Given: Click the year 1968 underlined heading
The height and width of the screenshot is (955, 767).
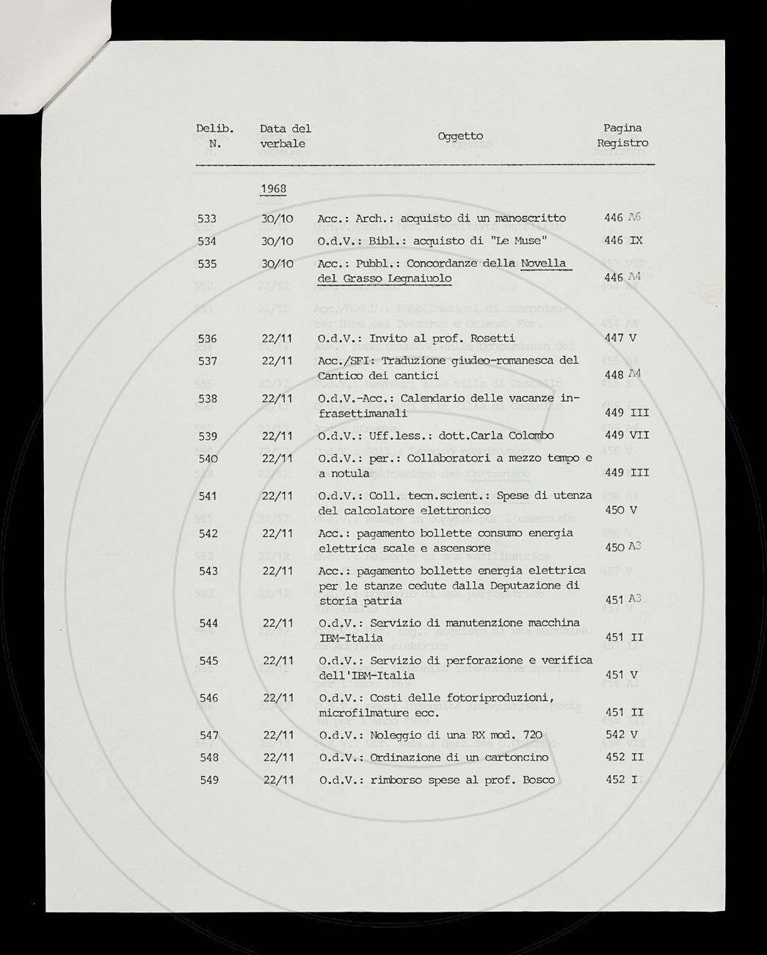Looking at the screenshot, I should click(x=273, y=189).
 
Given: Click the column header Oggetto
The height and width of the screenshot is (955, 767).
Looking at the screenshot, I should click(x=460, y=136).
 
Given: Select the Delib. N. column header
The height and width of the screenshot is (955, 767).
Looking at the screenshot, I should click(x=215, y=136).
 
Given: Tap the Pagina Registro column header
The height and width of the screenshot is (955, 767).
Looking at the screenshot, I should click(x=622, y=136).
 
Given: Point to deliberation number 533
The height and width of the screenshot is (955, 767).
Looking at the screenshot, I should click(x=208, y=218).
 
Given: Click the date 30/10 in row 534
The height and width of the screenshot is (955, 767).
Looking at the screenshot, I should click(x=277, y=241).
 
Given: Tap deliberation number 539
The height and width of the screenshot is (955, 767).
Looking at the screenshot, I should click(x=208, y=436).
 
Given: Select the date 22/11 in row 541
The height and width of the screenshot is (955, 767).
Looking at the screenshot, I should click(x=277, y=496).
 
